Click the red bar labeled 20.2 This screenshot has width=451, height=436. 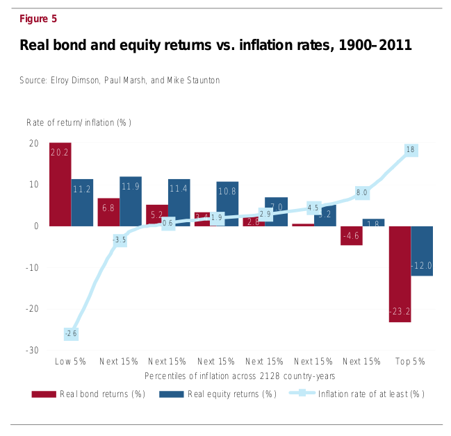pyautogui.click(x=60, y=184)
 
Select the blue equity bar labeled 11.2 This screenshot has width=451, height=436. pyautogui.click(x=82, y=202)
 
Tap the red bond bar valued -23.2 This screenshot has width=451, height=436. pyautogui.click(x=400, y=274)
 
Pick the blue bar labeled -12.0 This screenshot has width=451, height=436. pyautogui.click(x=422, y=251)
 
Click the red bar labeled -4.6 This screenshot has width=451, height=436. pyautogui.click(x=351, y=235)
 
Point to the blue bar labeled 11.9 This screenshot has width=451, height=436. pyautogui.click(x=131, y=201)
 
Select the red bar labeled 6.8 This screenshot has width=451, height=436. pyautogui.click(x=108, y=212)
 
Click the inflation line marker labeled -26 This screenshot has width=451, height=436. pyautogui.click(x=71, y=334)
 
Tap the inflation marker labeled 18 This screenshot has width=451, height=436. pyautogui.click(x=410, y=150)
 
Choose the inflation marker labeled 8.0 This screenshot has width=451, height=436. pyautogui.click(x=361, y=192)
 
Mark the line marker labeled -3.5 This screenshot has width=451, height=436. pyautogui.click(x=120, y=240)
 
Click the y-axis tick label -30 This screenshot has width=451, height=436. pyautogui.click(x=33, y=351)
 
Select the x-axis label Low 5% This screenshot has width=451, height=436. pyautogui.click(x=70, y=362)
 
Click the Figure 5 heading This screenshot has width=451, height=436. pyautogui.click(x=38, y=19)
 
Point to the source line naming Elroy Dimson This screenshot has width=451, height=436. pyautogui.click(x=120, y=81)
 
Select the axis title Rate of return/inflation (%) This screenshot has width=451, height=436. pyautogui.click(x=79, y=123)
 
